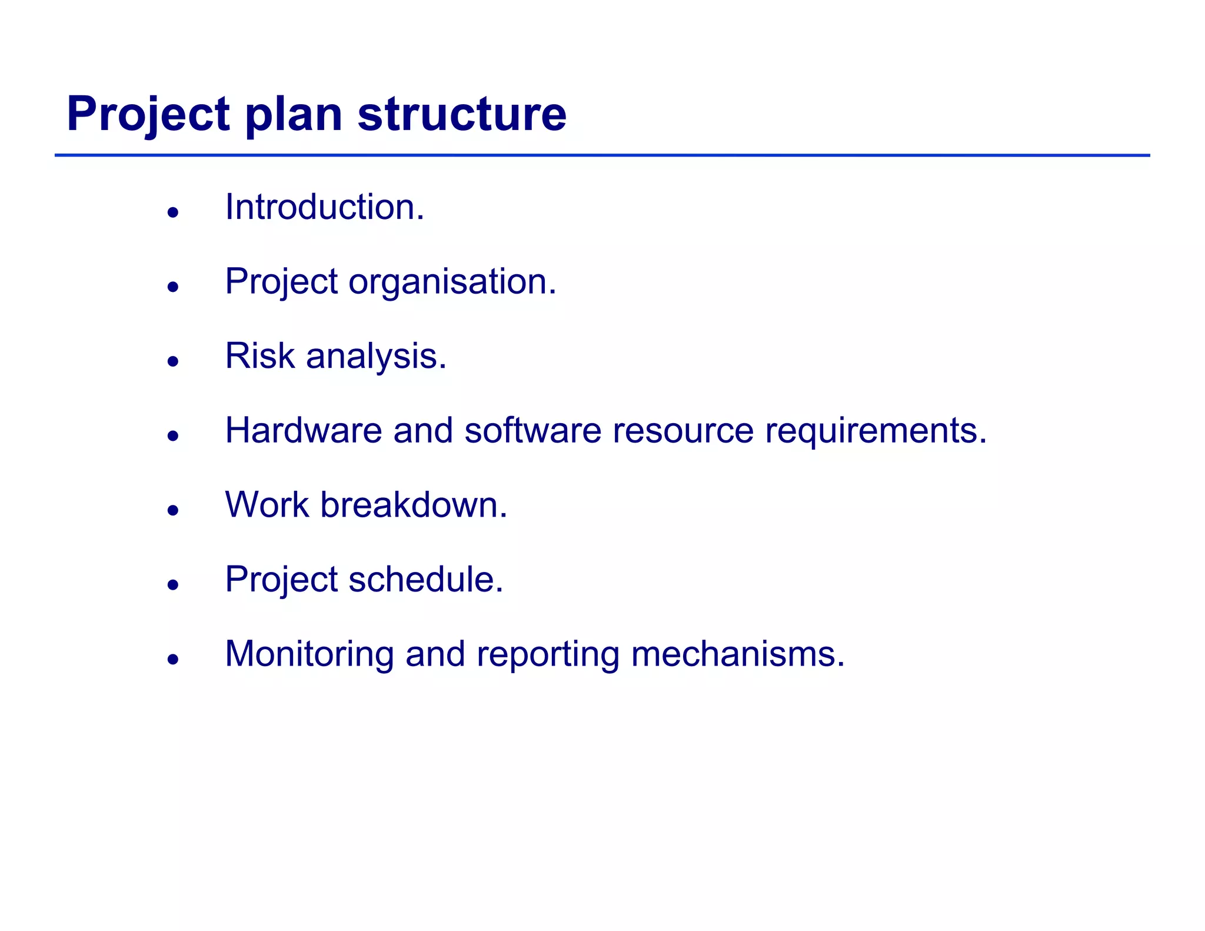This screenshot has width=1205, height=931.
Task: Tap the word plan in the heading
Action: (293, 115)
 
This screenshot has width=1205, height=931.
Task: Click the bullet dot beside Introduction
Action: (172, 212)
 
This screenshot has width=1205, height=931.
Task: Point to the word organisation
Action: (452, 282)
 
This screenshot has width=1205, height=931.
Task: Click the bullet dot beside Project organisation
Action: (172, 287)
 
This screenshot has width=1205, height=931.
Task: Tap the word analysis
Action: (376, 358)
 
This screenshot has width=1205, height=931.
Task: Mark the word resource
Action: (683, 431)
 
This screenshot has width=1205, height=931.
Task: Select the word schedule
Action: (426, 580)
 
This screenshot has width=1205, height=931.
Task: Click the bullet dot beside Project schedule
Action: (172, 585)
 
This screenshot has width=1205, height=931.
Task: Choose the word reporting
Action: (548, 656)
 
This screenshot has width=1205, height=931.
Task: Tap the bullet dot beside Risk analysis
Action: (172, 361)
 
